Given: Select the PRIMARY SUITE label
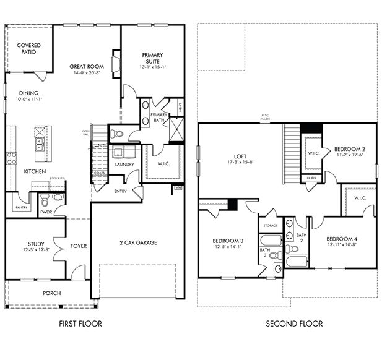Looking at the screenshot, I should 152,58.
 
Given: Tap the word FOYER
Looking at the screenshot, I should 78,246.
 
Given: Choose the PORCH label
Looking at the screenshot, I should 51,293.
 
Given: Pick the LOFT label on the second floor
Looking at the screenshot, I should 241,156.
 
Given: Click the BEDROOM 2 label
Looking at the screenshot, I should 350,149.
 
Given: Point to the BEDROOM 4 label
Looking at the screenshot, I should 342,238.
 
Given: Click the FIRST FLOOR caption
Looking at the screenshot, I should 80,324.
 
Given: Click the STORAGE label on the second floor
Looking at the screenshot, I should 270,226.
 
